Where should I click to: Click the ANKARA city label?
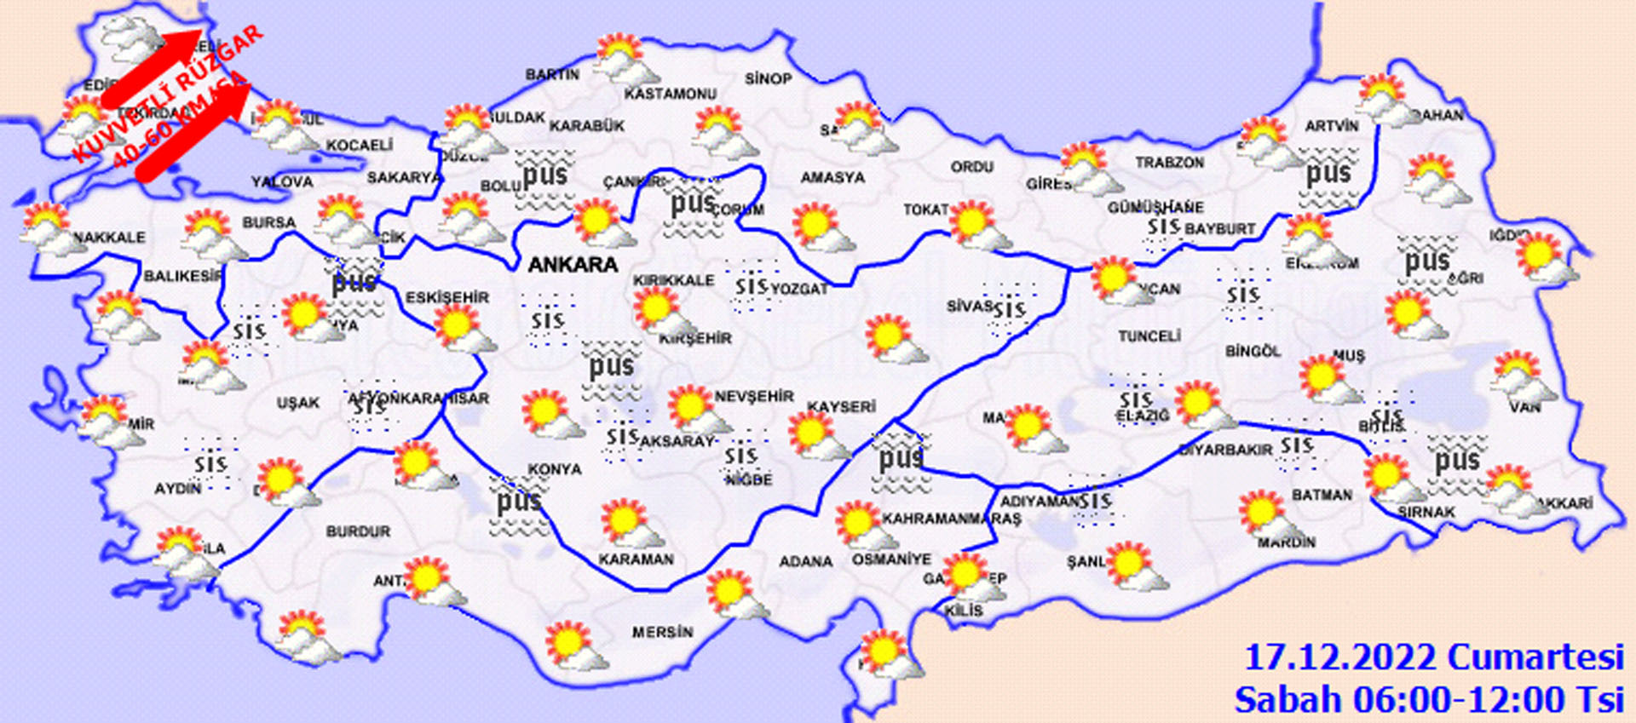[x=573, y=265]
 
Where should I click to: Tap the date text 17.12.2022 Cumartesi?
[x=1433, y=657]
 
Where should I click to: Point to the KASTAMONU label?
[x=671, y=94]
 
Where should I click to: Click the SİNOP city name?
[x=768, y=78]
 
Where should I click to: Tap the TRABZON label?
[x=1169, y=162]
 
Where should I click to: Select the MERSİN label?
[x=662, y=632]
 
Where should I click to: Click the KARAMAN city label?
[x=636, y=559]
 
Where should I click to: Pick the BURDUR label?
[x=358, y=531]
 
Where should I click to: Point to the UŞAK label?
[x=297, y=402]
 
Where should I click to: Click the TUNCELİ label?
[x=1149, y=336]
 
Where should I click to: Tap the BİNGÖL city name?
[x=1253, y=351]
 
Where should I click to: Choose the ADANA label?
[x=805, y=561]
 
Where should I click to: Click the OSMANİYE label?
[x=891, y=559]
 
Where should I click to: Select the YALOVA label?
[x=282, y=181]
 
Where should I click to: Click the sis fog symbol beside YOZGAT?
[x=752, y=286]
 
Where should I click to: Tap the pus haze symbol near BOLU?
[x=544, y=176]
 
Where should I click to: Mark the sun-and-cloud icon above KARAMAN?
[x=629, y=522]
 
